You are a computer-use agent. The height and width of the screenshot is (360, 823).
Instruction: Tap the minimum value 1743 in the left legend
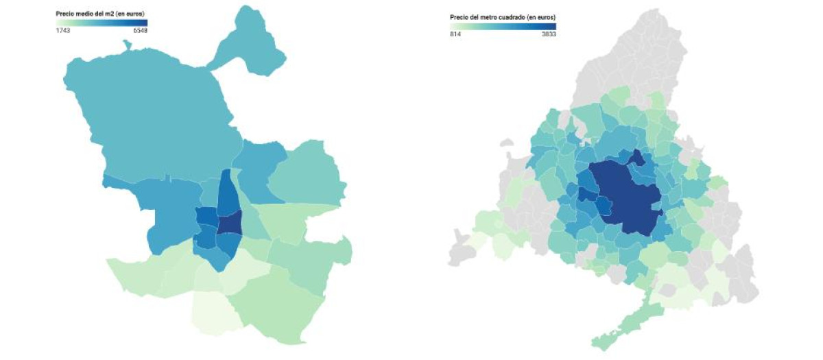[63, 31]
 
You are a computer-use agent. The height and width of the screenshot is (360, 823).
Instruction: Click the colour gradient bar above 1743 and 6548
[102, 23]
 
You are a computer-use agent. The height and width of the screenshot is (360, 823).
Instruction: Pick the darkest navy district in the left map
[230, 222]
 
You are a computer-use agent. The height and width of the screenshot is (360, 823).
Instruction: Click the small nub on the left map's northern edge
[126, 45]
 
